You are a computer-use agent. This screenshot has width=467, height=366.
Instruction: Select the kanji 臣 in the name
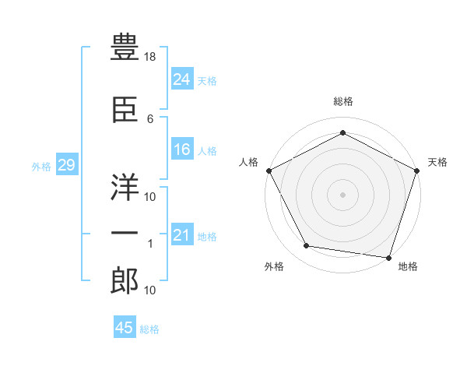(125, 111)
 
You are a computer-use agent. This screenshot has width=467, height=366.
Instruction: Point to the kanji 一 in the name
(125, 234)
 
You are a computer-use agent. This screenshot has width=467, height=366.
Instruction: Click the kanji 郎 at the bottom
(125, 280)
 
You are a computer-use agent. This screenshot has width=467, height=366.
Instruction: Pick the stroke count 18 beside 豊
(151, 58)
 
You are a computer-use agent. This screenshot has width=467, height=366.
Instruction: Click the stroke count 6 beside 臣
(150, 118)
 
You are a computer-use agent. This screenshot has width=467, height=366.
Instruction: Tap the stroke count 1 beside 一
(150, 245)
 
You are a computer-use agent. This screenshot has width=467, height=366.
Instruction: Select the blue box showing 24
(182, 79)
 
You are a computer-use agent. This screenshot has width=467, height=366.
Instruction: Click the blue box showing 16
(182, 150)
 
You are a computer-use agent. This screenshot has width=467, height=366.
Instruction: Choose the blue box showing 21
(182, 235)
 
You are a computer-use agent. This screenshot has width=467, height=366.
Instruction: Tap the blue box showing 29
(66, 165)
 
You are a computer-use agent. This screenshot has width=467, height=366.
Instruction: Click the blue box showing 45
(125, 328)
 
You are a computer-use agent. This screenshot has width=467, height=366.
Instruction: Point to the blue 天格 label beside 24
(207, 81)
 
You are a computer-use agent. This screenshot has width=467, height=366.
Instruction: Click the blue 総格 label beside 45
(149, 329)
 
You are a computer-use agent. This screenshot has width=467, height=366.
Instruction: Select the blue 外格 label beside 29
(41, 166)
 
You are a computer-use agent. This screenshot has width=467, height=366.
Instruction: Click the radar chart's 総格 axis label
(342, 101)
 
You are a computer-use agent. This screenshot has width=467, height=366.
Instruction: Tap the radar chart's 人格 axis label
(248, 162)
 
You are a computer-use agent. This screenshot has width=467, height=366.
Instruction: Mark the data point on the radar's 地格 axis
(389, 257)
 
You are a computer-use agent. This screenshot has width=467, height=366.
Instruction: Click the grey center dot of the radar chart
(342, 194)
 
